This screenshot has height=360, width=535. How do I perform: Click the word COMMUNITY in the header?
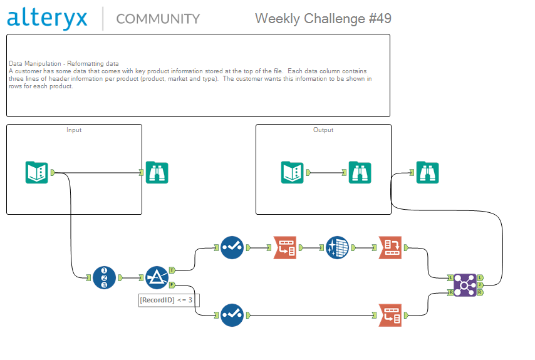158,19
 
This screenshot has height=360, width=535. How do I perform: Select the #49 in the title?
376,19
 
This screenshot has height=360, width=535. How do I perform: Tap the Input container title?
74,130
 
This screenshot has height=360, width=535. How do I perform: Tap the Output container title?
323,130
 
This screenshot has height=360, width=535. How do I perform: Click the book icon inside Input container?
37,172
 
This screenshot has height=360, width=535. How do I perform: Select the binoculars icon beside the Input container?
157,172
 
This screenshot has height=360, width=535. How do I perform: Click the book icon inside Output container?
292,172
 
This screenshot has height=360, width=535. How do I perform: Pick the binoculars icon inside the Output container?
360,172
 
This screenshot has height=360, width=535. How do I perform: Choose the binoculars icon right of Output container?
427,172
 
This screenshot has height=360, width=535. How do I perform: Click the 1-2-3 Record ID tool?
104,277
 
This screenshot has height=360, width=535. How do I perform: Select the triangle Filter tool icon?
157,277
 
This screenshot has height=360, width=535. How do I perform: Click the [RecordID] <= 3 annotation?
169,300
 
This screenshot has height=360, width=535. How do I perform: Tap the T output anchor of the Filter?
172,270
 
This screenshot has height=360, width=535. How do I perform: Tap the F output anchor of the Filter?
172,285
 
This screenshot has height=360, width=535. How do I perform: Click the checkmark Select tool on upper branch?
232,248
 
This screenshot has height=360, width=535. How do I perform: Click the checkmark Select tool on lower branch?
232,315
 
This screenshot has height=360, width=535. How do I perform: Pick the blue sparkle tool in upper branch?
337,248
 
